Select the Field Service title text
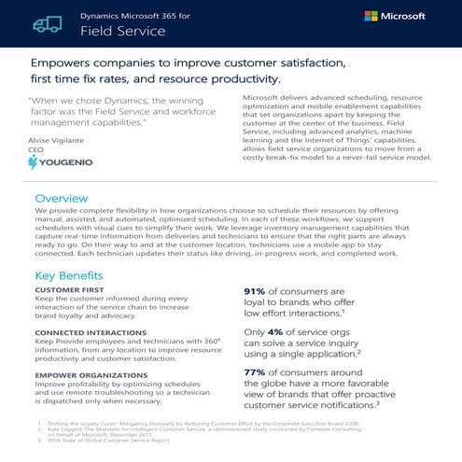pyautogui.click(x=122, y=31)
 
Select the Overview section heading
pyautogui.click(x=61, y=199)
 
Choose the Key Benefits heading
pyautogui.click(x=70, y=276)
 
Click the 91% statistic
pyautogui.click(x=260, y=292)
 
